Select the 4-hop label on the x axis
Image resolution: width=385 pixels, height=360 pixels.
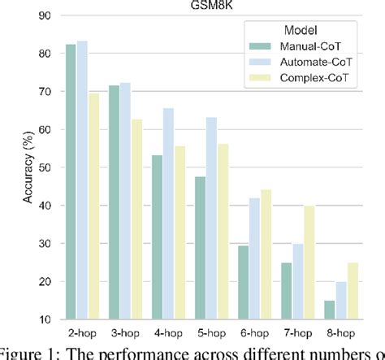(169, 333)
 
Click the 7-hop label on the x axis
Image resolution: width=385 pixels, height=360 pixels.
(298, 333)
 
